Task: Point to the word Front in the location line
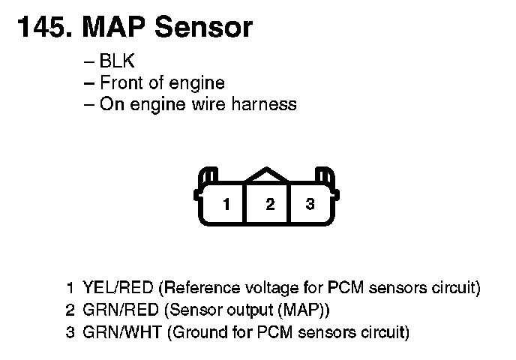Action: [x=120, y=82]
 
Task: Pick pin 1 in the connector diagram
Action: [x=226, y=204]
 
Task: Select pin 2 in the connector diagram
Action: [x=270, y=204]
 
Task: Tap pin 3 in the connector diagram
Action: [x=310, y=204]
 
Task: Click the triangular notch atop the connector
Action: [x=268, y=175]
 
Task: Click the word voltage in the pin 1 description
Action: [x=274, y=288]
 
